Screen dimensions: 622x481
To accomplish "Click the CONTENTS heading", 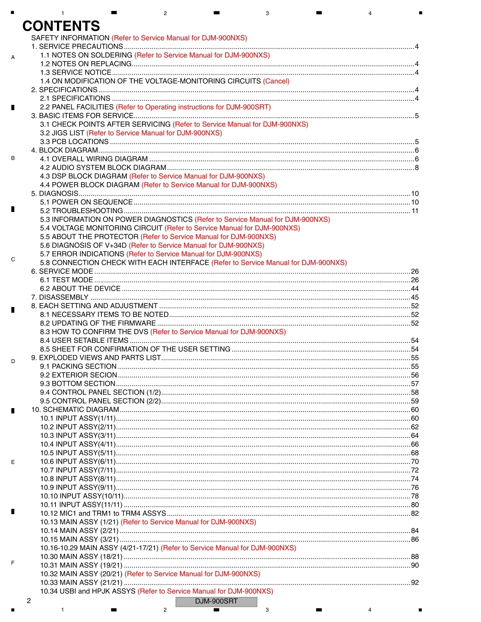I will (61, 26).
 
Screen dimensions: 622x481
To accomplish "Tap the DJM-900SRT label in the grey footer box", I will (216, 601).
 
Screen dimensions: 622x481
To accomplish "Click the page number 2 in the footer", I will (29, 600).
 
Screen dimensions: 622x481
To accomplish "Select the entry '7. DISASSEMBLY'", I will (60, 297).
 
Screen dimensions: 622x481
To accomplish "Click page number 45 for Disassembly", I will (415, 297).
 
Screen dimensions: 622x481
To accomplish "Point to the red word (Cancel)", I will (276, 81).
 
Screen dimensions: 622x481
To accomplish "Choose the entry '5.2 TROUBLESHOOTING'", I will (81, 211).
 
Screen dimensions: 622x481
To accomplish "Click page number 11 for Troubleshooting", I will (415, 211).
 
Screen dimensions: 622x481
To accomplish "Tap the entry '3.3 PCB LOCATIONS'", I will (74, 142).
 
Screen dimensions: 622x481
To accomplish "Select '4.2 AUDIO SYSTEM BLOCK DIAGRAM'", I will (103, 167).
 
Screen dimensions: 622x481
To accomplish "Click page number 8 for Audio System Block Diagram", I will (416, 167).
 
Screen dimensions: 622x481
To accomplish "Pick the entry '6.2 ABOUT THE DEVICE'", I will (80, 289).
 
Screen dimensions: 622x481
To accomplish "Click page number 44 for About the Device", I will (415, 289).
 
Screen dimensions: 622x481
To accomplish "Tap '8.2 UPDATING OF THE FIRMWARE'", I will (98, 323).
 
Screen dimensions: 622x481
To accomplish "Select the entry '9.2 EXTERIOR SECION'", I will (78, 375).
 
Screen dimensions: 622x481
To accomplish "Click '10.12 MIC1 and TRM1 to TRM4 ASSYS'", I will (103, 513).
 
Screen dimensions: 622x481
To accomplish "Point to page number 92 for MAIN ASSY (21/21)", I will (415, 582).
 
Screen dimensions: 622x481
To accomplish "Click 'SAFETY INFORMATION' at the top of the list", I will (70, 38).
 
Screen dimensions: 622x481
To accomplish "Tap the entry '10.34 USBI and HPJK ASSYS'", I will (88, 591).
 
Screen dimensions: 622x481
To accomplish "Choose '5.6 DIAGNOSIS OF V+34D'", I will (83, 246).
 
